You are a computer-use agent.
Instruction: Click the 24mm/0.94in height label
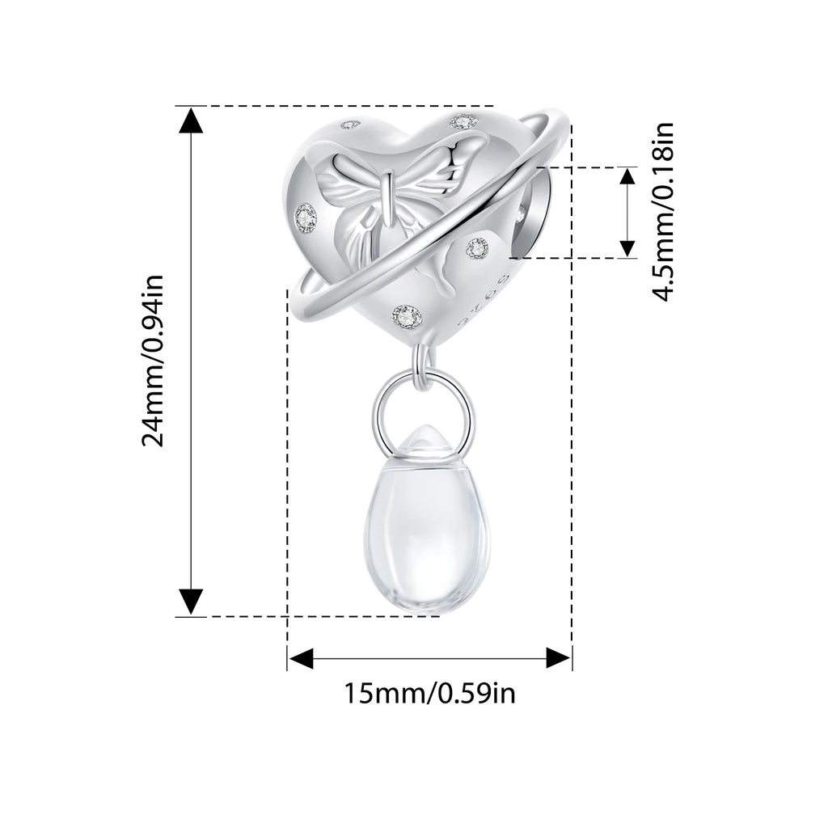153,361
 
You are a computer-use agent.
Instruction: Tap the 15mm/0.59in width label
430,693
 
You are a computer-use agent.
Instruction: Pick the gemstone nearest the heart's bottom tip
408,316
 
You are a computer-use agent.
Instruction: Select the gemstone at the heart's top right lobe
463,122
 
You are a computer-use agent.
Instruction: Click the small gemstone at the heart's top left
348,125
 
